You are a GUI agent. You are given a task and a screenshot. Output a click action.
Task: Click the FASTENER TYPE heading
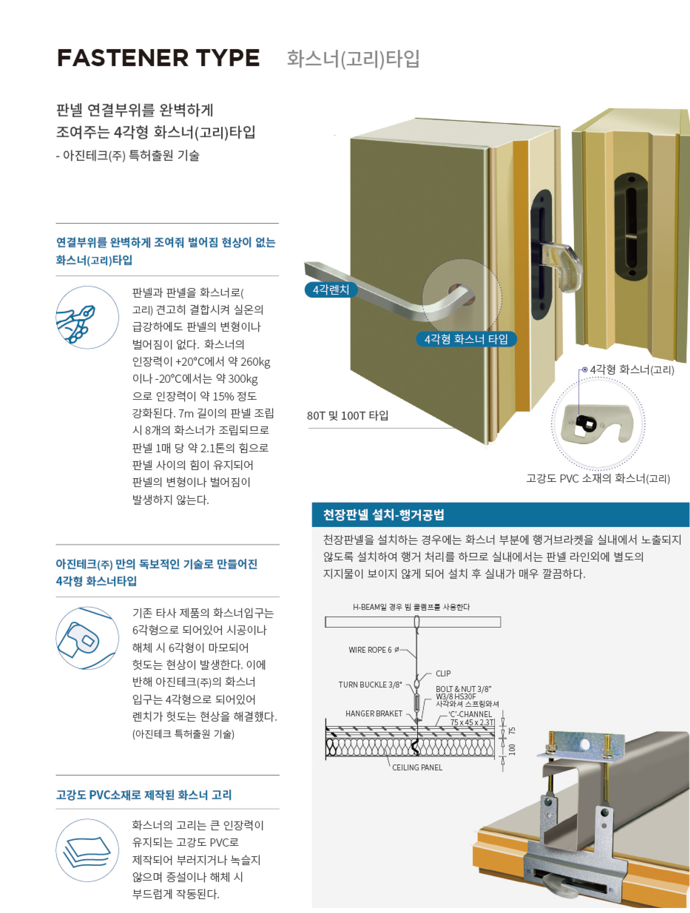coord(158,58)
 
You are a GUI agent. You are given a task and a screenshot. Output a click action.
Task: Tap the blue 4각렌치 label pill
coord(331,290)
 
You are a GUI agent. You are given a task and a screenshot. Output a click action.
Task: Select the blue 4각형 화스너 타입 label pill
coord(466,339)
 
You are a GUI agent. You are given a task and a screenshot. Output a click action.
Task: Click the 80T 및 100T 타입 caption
coord(348,416)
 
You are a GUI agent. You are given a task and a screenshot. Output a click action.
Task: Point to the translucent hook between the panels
coord(560,265)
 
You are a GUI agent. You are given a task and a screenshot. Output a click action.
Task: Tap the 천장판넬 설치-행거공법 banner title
coord(383,515)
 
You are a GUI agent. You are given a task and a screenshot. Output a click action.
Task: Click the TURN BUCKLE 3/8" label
coord(370,685)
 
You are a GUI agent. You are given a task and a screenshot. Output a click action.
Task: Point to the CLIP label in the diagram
coord(443,674)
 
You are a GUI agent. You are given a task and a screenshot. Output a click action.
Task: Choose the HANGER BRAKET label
coord(373,714)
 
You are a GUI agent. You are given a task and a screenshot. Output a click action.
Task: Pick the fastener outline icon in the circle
coord(87,638)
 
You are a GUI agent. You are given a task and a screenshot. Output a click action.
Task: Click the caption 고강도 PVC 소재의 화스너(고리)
coord(598,478)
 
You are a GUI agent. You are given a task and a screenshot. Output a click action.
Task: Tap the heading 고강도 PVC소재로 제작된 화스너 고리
coord(144,794)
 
